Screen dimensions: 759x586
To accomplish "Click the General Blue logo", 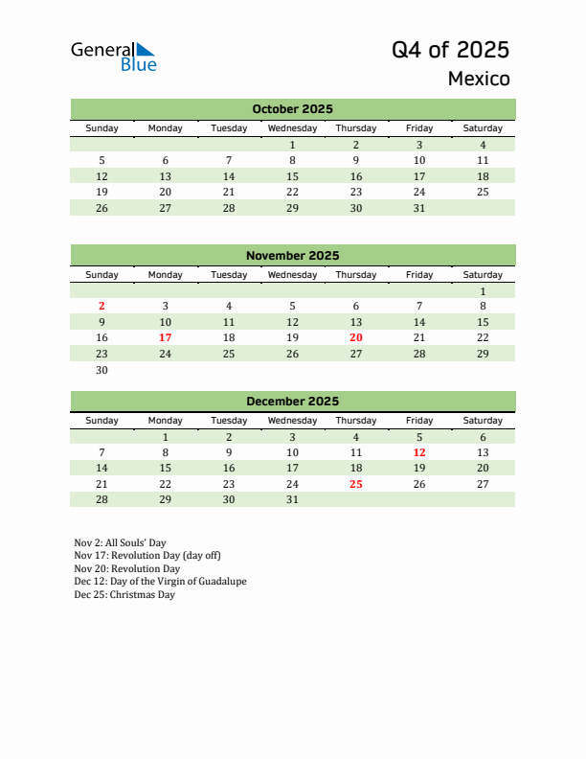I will point(113,57).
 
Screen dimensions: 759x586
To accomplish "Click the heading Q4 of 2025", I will point(450,50).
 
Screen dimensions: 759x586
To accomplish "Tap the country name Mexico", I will point(479,79).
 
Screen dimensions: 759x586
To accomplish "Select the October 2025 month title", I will point(292,109).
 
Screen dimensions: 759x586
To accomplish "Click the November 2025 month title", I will point(292,256).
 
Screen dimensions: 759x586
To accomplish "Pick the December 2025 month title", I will point(292,402).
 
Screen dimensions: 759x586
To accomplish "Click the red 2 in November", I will point(101,307).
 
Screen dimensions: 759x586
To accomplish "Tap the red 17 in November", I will point(165,337).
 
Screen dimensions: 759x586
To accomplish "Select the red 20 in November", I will point(355,337).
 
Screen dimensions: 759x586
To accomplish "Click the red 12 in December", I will point(418,452).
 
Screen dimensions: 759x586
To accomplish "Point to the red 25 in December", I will point(355,484).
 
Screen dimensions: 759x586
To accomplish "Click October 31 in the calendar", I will point(418,208).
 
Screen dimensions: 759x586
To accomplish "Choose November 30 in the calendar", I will point(101,370).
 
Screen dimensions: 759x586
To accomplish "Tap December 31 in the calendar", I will point(292,499).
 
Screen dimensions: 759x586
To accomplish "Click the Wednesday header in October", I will point(292,128).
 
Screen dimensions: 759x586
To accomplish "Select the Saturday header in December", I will point(482,421).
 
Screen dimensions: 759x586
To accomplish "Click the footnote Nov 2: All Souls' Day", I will point(120,542).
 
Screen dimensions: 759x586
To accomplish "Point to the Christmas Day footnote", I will point(124,594).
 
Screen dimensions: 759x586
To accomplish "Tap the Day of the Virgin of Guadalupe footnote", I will point(160,582).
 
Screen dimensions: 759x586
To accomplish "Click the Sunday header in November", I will point(101,275).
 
